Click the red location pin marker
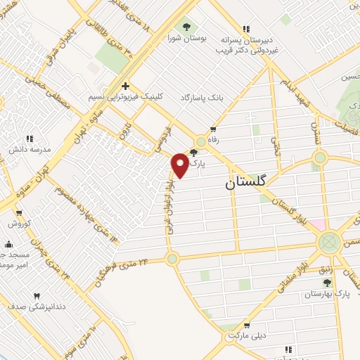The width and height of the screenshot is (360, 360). (x=180, y=165)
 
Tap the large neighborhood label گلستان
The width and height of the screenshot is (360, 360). (x=246, y=182)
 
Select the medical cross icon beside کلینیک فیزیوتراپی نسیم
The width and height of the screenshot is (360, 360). (x=125, y=86)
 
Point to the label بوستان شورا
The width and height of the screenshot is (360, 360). (x=186, y=39)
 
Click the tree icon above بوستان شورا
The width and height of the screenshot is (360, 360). (x=186, y=28)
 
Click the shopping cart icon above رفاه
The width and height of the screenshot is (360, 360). (x=214, y=129)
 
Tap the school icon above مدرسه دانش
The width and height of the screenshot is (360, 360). (x=29, y=139)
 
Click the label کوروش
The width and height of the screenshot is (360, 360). (x=16, y=224)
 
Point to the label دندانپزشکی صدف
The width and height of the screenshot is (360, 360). (x=37, y=307)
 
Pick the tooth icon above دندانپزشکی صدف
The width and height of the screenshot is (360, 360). (x=37, y=296)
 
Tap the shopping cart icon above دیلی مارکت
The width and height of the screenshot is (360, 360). (x=247, y=325)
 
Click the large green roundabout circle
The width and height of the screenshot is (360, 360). (x=328, y=243)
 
